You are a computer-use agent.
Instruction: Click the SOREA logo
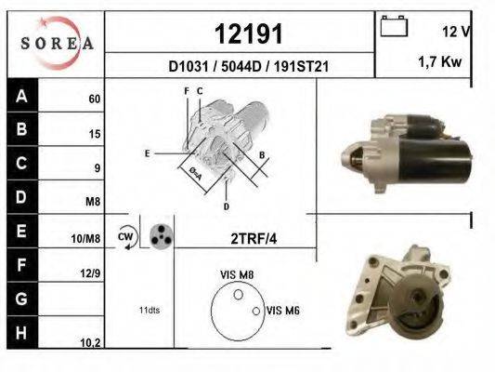(57, 43)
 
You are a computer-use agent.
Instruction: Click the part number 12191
(249, 33)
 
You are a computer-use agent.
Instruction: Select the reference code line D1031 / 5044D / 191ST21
(249, 66)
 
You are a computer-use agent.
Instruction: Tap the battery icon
(394, 26)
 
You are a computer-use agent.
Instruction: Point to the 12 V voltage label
(457, 32)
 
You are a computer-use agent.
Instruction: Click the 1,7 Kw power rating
(440, 61)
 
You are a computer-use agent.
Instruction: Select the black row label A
(21, 96)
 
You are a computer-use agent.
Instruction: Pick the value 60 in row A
(95, 99)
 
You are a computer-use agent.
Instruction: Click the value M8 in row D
(93, 201)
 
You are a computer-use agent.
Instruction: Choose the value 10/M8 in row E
(85, 239)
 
